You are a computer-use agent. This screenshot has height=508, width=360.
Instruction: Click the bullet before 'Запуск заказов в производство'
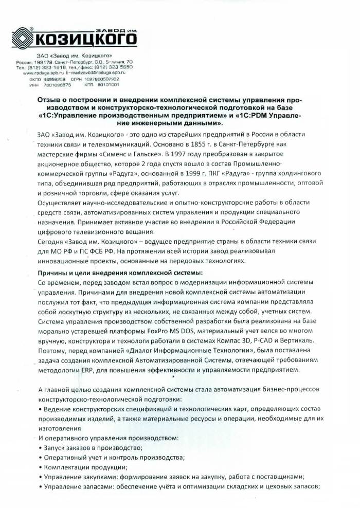[41, 448]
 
